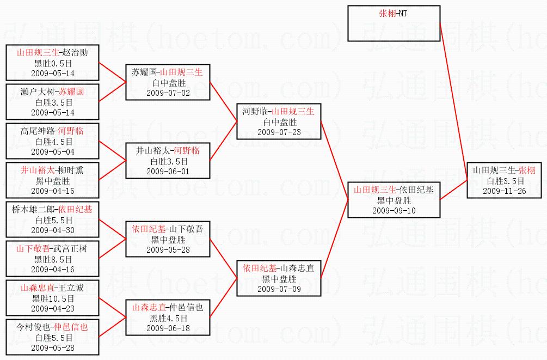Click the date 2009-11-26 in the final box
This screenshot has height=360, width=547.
(505, 191)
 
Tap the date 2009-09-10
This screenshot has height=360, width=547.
(394, 211)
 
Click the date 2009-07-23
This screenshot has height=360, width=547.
(279, 132)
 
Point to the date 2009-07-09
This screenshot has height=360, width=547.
(279, 289)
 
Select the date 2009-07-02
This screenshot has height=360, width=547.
(168, 93)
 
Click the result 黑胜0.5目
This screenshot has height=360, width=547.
(53, 64)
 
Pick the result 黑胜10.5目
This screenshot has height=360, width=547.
(53, 299)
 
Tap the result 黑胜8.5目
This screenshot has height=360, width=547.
(53, 260)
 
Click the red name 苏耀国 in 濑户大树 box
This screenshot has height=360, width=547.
(71, 92)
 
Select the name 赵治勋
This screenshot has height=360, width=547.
(75, 53)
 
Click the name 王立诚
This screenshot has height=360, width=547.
(71, 288)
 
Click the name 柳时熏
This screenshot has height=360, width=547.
(71, 170)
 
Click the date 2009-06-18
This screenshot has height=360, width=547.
(168, 328)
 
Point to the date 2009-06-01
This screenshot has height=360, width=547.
(168, 172)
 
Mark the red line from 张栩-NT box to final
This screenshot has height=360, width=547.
(453, 102)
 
